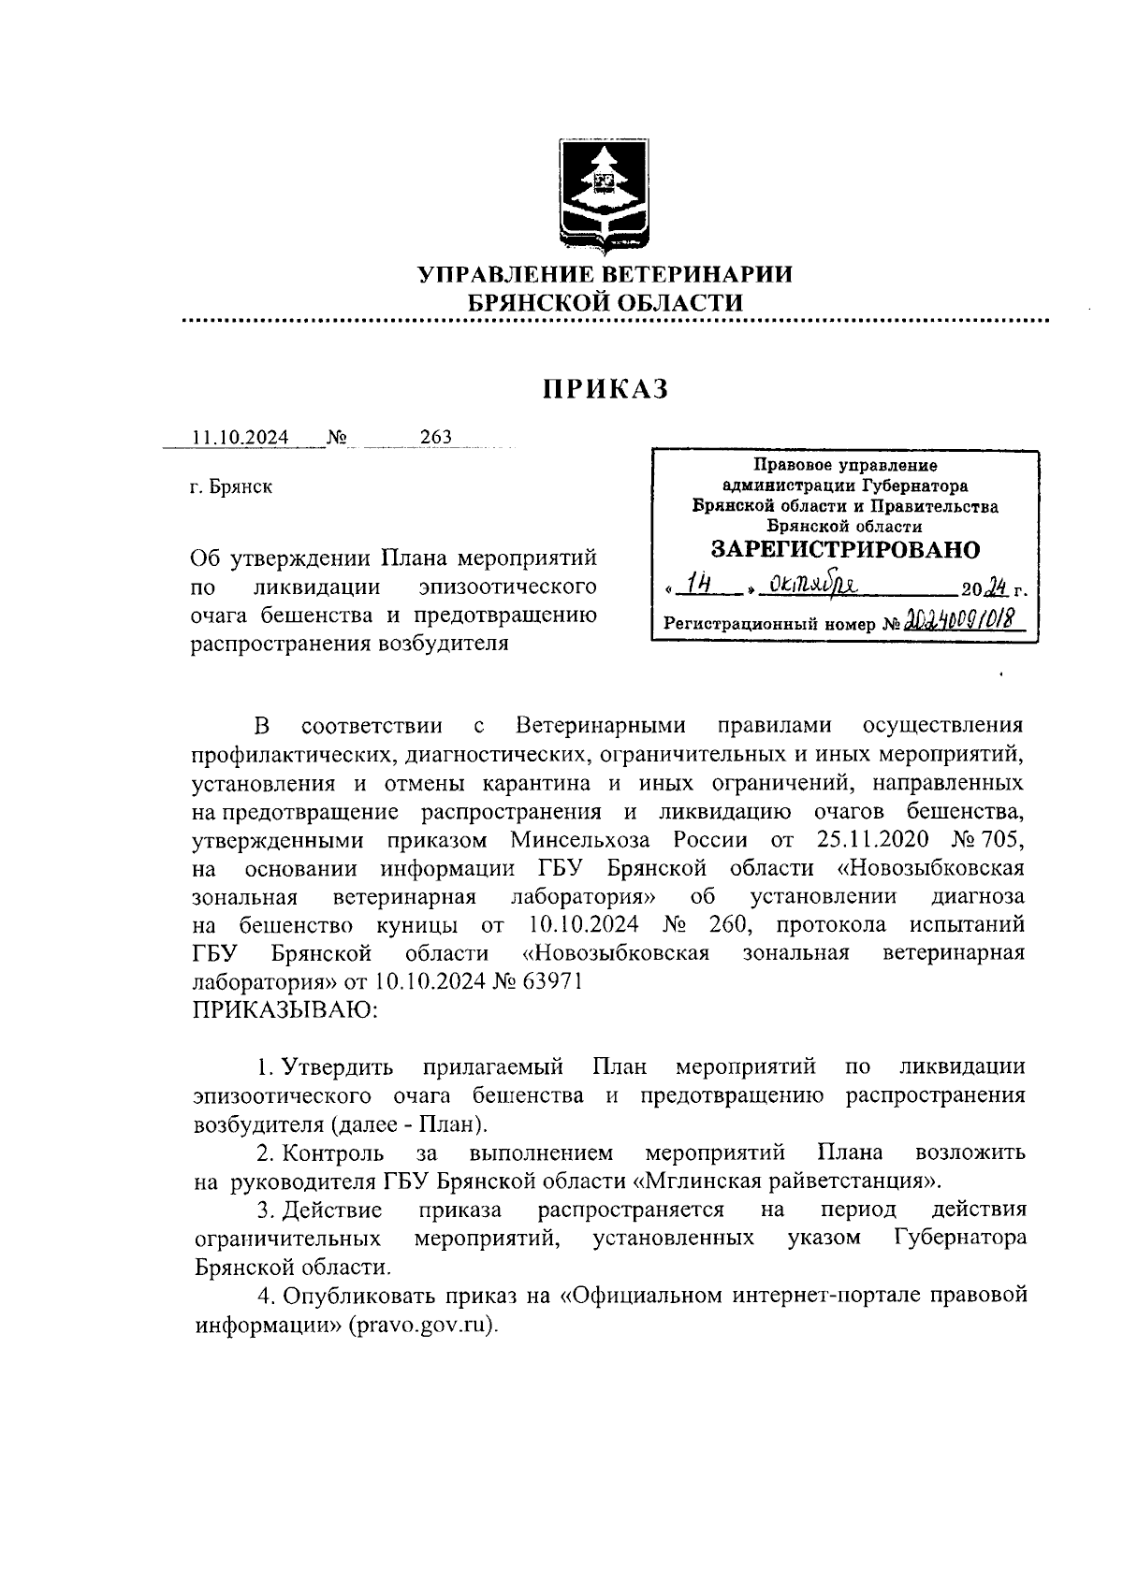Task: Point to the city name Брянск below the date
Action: [x=241, y=487]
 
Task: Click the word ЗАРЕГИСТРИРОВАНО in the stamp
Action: [x=845, y=549]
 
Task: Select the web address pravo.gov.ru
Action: [x=421, y=1326]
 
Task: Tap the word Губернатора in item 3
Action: [x=960, y=1239]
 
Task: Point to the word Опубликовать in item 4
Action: [x=345, y=1297]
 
